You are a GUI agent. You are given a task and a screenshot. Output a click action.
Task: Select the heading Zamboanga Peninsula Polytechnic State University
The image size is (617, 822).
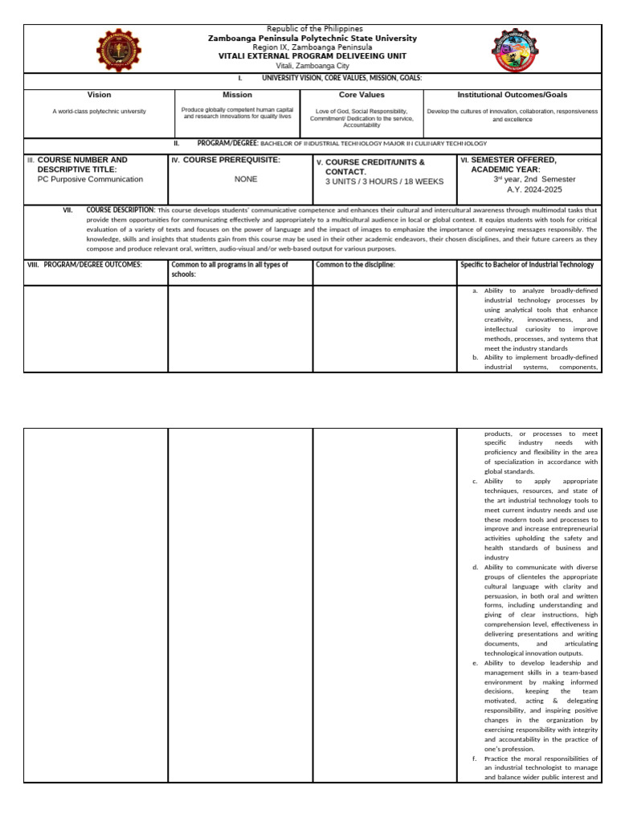pyautogui.click(x=313, y=38)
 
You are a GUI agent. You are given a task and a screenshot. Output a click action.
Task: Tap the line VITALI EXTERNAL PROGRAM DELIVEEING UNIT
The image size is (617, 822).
pyautogui.click(x=313, y=56)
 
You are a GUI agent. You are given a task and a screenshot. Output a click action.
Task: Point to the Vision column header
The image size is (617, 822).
pyautogui.click(x=99, y=95)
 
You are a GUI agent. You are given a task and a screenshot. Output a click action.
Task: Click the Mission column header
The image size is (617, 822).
pyautogui.click(x=237, y=95)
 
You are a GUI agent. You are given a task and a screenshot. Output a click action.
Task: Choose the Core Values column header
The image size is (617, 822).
pyautogui.click(x=362, y=95)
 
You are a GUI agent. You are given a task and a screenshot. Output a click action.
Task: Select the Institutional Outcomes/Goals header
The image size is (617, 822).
pyautogui.click(x=512, y=95)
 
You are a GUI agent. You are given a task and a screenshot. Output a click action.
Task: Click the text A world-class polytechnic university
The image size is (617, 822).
pyautogui.click(x=100, y=112)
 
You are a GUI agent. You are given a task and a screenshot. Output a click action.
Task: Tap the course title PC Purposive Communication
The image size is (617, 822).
pyautogui.click(x=90, y=180)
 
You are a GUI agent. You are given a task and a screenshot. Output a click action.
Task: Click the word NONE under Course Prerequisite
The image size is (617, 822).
pyautogui.click(x=246, y=179)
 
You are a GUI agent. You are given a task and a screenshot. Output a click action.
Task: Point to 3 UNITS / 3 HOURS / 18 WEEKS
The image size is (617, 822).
pyautogui.click(x=384, y=181)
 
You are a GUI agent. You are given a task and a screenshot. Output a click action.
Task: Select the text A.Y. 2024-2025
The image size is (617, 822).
pyautogui.click(x=526, y=189)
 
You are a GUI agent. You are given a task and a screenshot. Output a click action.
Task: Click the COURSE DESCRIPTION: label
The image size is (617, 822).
pyautogui.click(x=121, y=210)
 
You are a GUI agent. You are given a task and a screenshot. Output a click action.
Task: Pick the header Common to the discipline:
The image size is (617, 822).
pyautogui.click(x=355, y=265)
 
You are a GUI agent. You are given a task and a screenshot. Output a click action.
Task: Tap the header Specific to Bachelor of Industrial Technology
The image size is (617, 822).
pyautogui.click(x=527, y=265)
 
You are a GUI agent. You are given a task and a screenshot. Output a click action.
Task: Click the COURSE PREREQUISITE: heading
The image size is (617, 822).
pyautogui.click(x=231, y=161)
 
